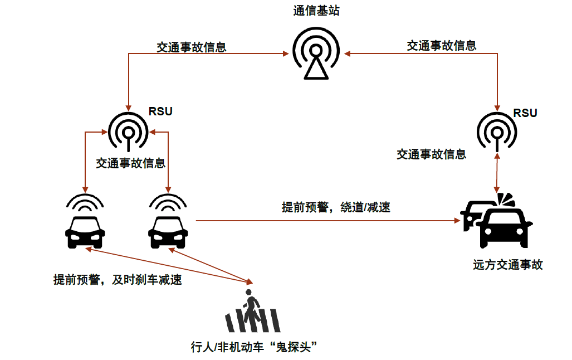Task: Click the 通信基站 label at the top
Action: (x=316, y=11)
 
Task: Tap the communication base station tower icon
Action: (x=316, y=55)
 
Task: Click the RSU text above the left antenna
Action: (x=160, y=111)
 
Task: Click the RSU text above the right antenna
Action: (x=525, y=113)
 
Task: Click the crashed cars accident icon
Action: (x=497, y=222)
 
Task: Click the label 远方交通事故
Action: (x=508, y=265)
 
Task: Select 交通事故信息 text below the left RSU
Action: (x=130, y=164)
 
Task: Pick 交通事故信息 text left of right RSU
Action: (x=431, y=154)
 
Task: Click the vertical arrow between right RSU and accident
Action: (x=496, y=173)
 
